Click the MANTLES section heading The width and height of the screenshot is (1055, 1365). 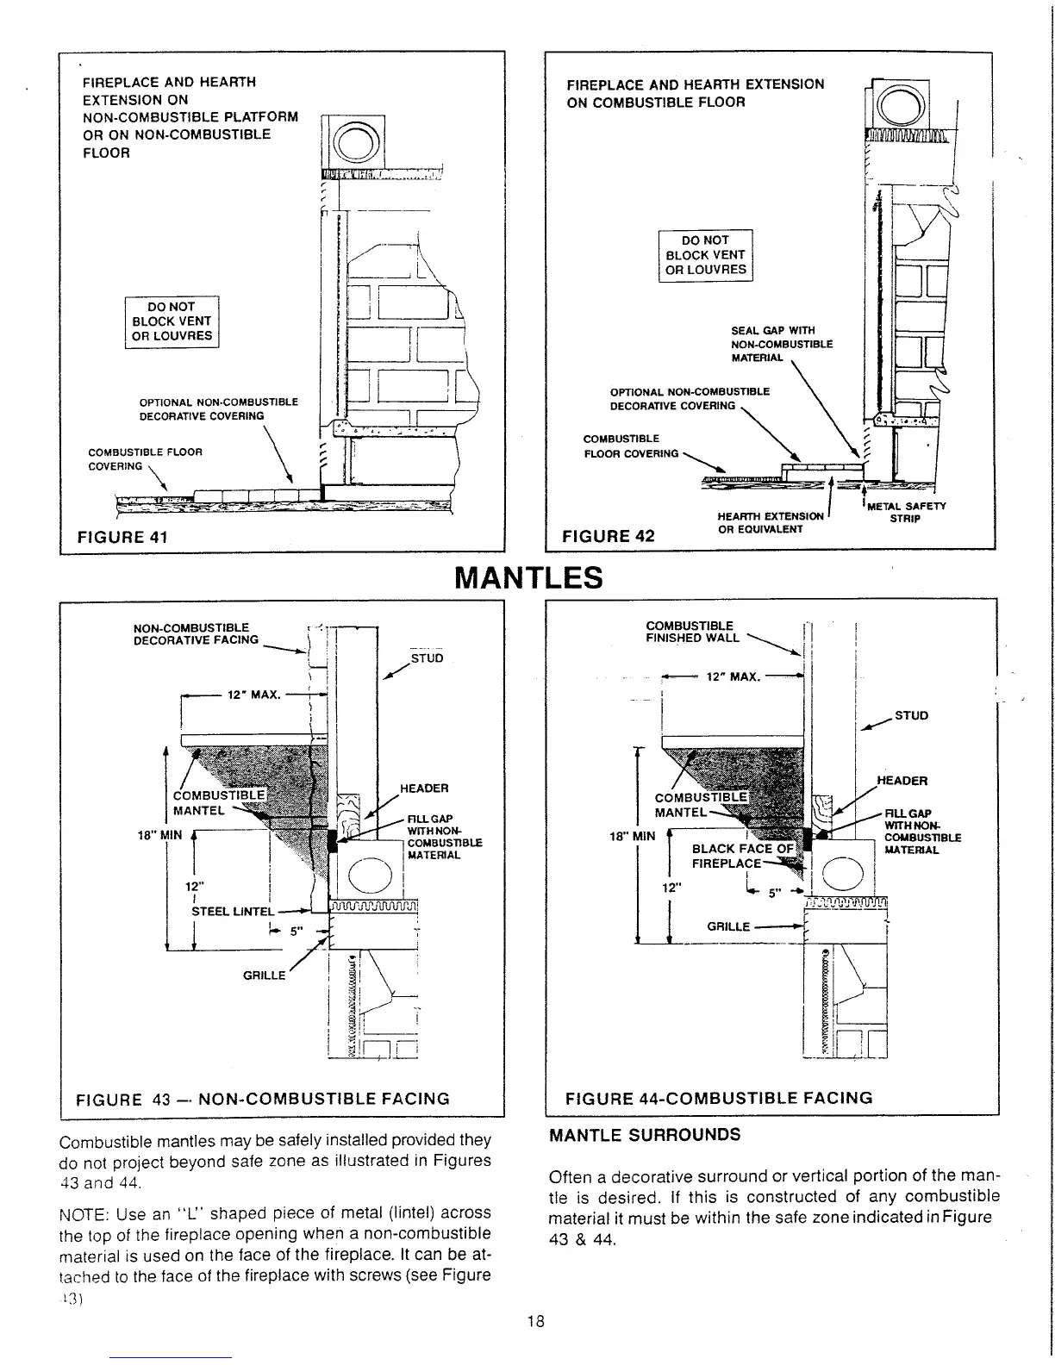[527, 577]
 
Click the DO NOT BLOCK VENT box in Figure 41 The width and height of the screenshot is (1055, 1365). [172, 321]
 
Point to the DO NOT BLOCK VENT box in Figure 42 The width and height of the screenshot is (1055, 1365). [705, 255]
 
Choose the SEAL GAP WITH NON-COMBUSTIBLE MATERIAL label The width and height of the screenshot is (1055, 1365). [781, 344]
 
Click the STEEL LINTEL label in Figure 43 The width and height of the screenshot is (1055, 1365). [232, 911]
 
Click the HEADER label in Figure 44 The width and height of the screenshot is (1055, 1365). [902, 781]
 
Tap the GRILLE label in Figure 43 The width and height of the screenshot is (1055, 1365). [264, 975]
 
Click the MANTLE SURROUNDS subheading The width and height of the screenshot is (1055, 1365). [644, 1135]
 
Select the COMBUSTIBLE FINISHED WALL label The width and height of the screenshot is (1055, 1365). [692, 632]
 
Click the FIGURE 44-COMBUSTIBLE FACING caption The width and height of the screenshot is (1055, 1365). [718, 1098]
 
